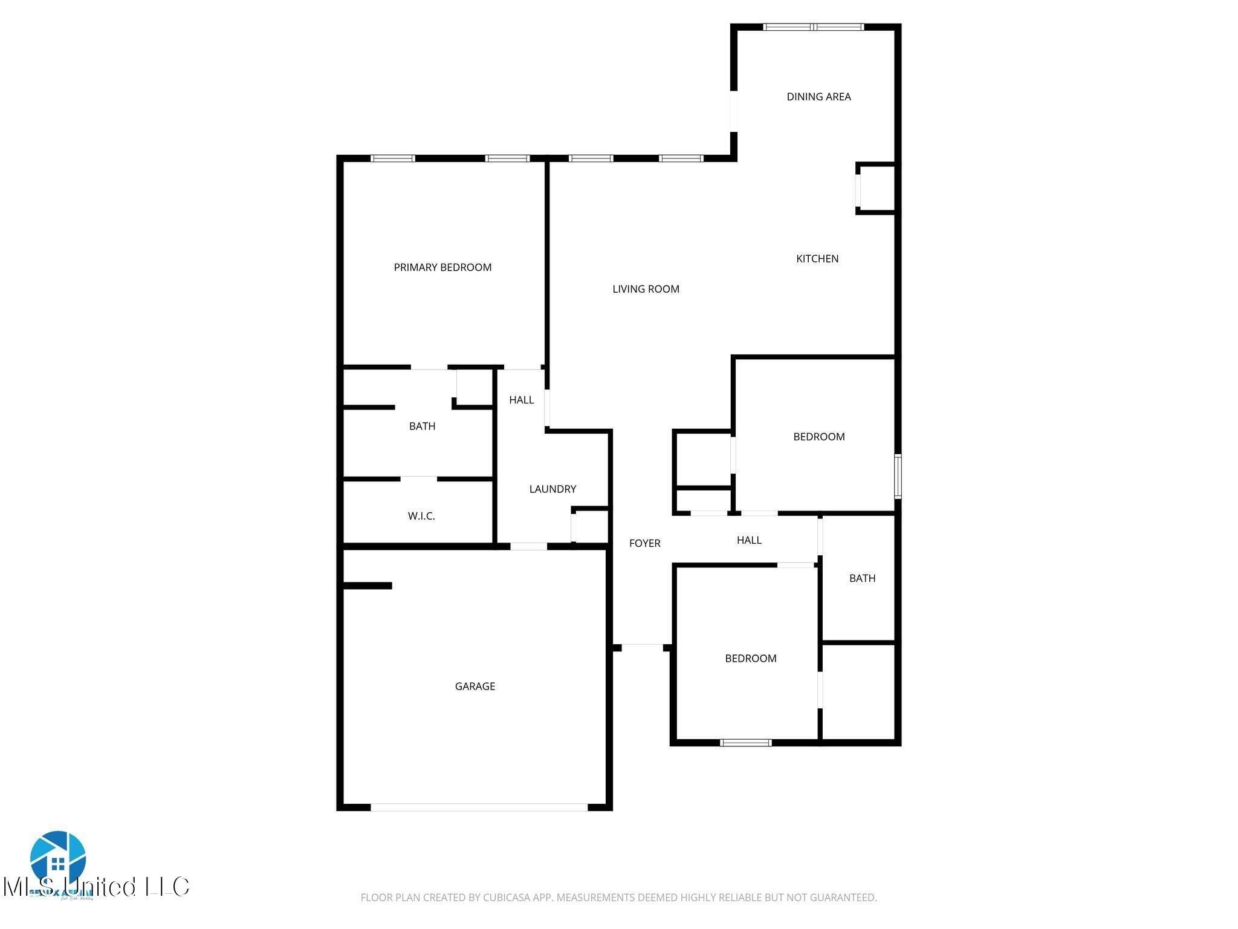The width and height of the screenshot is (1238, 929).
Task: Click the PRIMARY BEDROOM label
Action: (442, 267)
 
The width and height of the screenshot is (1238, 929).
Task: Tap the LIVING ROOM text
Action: (646, 289)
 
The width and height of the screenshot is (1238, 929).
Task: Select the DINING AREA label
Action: (818, 97)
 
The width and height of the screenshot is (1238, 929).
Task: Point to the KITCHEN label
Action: (817, 259)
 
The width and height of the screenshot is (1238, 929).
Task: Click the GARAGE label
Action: (475, 686)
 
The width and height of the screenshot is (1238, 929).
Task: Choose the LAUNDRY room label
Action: (553, 489)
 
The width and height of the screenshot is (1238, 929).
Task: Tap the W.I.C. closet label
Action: (421, 516)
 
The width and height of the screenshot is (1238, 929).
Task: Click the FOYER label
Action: (644, 543)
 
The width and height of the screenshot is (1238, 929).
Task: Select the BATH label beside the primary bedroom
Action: (422, 426)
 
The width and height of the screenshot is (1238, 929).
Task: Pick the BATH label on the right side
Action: (862, 578)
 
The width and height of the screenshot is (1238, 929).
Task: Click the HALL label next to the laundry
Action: (521, 400)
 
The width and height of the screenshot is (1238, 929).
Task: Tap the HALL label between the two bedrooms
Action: (749, 540)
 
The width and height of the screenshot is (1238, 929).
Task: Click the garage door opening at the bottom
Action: (479, 807)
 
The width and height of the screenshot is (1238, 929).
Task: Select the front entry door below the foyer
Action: (642, 648)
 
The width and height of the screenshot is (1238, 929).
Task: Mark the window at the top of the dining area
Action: (814, 27)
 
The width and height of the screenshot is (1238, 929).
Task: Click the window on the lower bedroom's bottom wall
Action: (745, 743)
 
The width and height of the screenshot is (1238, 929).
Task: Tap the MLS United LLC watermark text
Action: (97, 887)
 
